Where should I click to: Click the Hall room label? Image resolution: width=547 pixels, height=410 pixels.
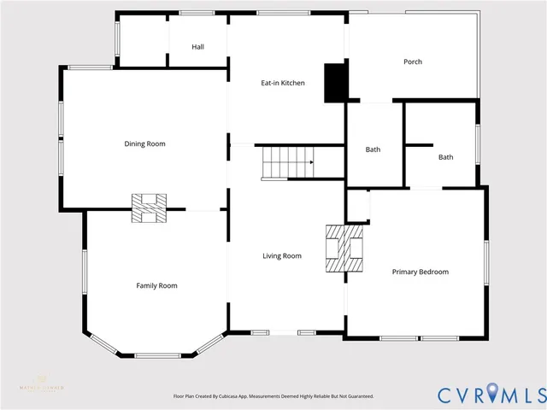point(197,47)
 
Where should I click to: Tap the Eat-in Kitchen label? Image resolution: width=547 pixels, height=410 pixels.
point(282,83)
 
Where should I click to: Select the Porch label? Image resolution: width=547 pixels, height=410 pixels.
point(413,61)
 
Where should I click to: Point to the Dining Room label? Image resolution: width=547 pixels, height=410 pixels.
point(144,143)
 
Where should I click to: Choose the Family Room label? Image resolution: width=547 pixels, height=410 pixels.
point(156,285)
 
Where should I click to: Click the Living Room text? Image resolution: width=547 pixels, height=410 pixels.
point(281,255)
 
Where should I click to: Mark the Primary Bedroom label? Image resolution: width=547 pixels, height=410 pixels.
point(420,272)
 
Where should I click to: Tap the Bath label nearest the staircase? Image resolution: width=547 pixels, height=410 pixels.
point(373,149)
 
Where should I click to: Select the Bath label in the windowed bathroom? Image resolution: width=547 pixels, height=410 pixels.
point(445,157)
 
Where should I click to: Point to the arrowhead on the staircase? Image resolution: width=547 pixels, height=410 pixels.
point(311,161)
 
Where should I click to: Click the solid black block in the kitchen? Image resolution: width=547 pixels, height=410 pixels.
point(335,83)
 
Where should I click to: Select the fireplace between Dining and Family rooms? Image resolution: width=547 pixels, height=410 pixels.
point(149,208)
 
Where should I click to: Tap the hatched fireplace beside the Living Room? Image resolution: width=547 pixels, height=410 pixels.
point(345,249)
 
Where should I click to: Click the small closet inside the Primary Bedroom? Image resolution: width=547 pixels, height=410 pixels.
point(358,206)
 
